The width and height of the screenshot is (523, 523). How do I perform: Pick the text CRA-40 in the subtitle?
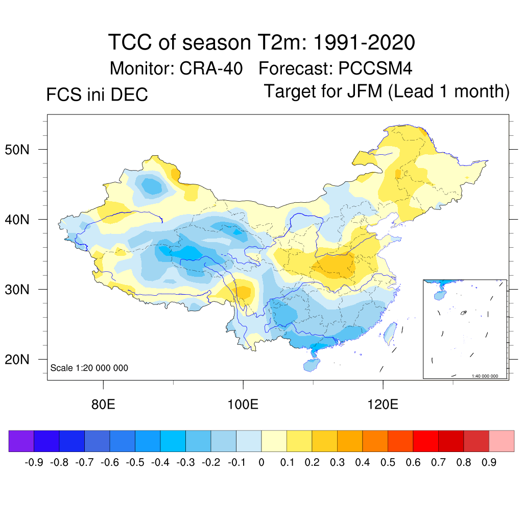(x=211, y=68)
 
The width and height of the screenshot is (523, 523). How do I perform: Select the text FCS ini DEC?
(x=97, y=94)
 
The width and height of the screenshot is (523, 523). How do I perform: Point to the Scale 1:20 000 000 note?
(x=89, y=368)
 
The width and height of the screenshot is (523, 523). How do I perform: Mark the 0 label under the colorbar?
(x=261, y=463)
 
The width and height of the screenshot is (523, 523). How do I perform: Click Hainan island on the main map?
(x=311, y=365)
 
